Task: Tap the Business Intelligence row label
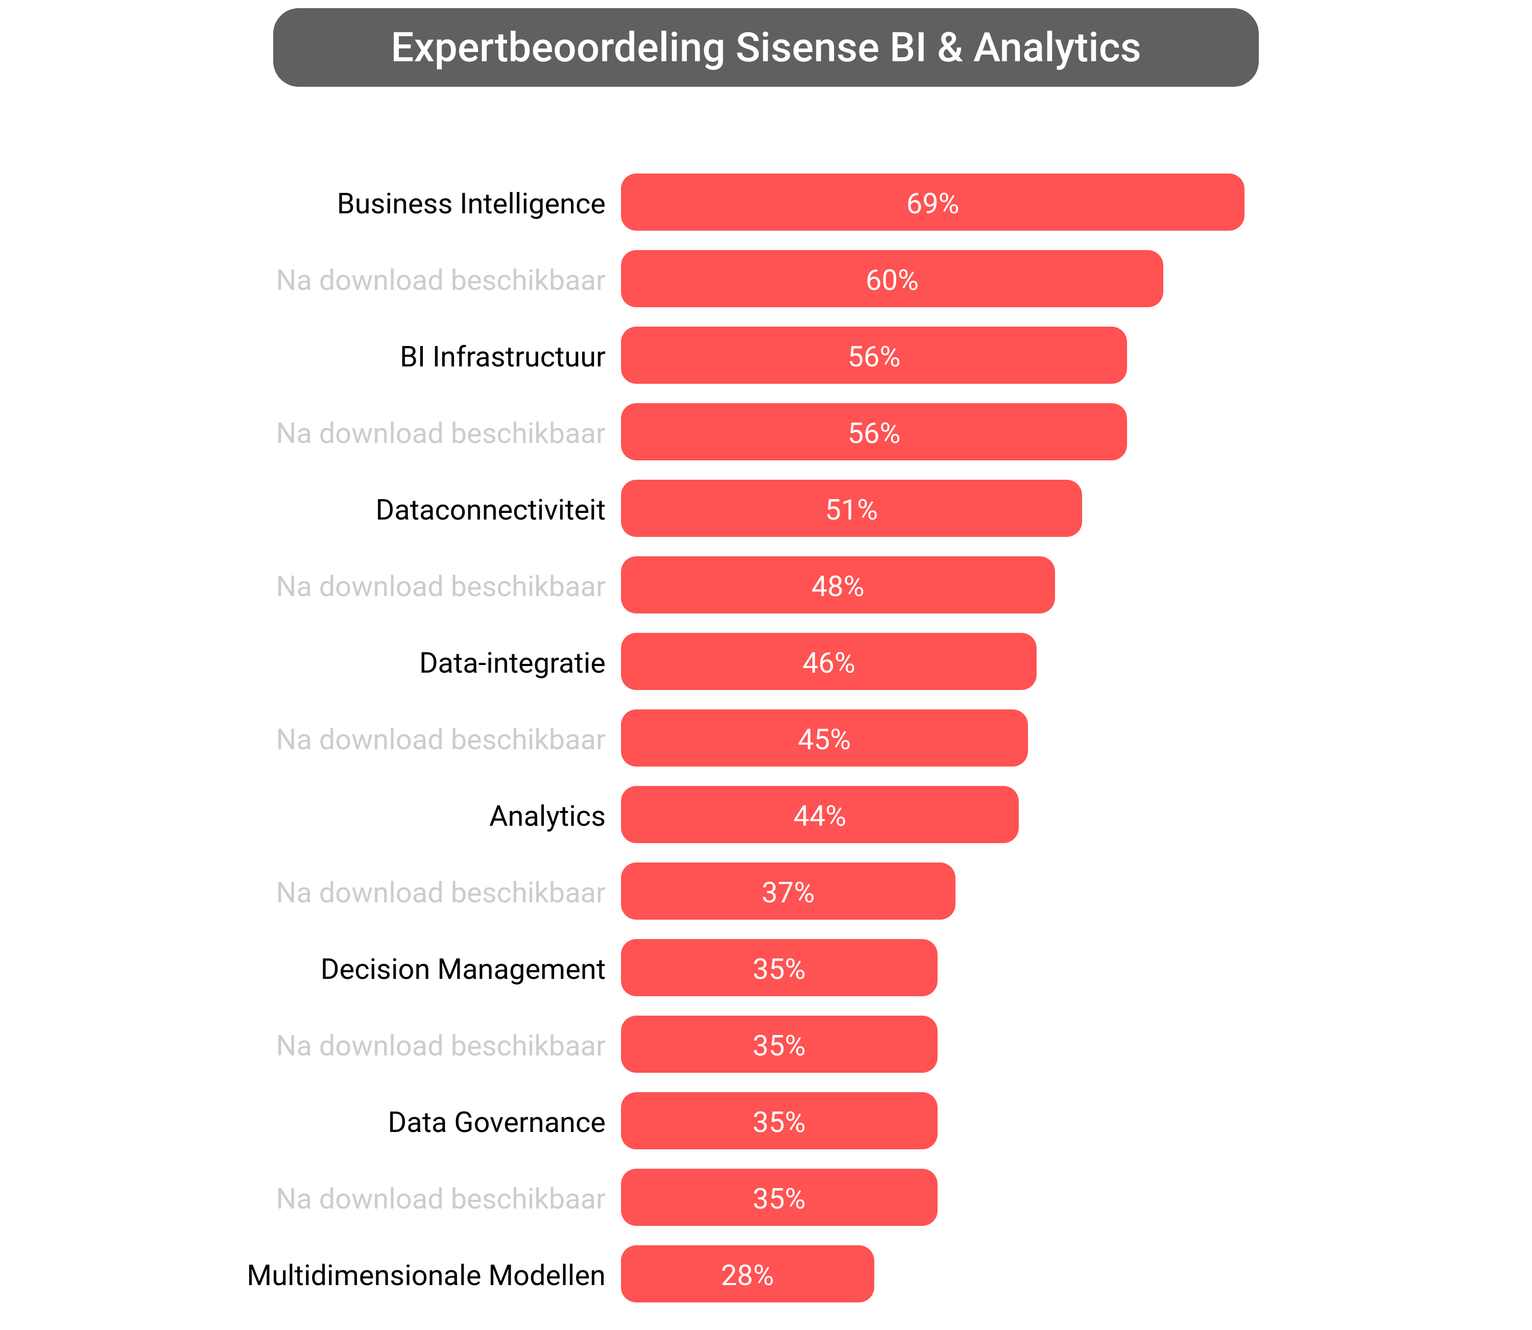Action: pos(471,203)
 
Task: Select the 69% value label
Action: pos(932,203)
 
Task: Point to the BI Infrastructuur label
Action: pos(502,357)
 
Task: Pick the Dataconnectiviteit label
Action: pos(490,510)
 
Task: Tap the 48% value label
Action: pos(837,586)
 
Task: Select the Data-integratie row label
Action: pos(512,663)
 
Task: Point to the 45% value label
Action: pos(824,739)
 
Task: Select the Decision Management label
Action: pos(463,969)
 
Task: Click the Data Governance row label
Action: pos(496,1122)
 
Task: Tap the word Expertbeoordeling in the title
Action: pos(557,48)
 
